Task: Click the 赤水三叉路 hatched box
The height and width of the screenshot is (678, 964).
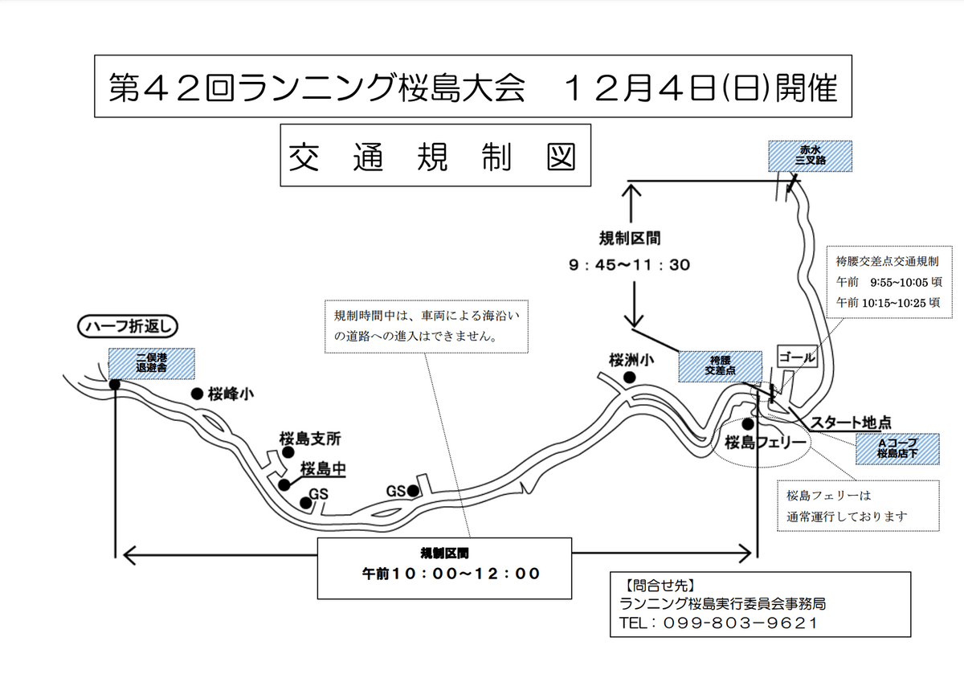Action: pos(810,156)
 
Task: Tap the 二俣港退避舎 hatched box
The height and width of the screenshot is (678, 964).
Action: pos(152,363)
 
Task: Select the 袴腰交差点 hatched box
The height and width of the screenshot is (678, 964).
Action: pos(720,366)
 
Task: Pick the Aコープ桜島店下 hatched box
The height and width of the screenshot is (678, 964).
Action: pos(897,448)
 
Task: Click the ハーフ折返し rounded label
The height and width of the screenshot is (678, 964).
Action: pos(128,326)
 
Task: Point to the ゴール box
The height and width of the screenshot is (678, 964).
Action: pos(797,356)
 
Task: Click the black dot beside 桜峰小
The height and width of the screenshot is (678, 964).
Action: pos(197,394)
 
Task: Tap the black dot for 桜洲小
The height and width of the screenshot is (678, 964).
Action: pos(630,378)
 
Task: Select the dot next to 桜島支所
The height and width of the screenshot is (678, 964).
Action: pos(288,452)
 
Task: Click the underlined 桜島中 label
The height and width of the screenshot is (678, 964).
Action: pos(323,469)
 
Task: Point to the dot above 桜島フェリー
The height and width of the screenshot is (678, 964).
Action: pos(748,424)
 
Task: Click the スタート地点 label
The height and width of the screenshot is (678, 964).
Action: pos(851,423)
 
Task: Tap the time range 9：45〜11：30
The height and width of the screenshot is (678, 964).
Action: pos(630,265)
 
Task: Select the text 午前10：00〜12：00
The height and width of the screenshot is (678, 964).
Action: pos(451,574)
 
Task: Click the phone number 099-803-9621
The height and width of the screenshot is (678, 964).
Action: pos(739,623)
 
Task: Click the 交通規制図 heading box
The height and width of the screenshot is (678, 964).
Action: pos(435,155)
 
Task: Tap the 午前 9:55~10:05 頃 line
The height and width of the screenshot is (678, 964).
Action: pos(888,282)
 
